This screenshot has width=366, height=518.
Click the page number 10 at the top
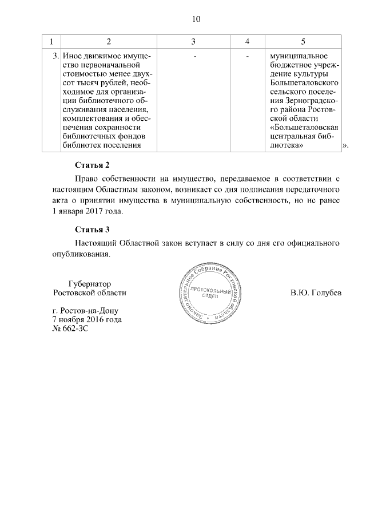(x=196, y=19)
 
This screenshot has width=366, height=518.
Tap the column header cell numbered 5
(x=303, y=41)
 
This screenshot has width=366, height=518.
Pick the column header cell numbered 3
(x=193, y=41)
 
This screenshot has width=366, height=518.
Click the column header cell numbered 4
(x=247, y=41)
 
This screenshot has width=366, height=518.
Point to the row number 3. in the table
(x=55, y=57)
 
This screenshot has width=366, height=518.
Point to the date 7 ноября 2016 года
(x=87, y=320)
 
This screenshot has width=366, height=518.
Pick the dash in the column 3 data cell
(x=194, y=57)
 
